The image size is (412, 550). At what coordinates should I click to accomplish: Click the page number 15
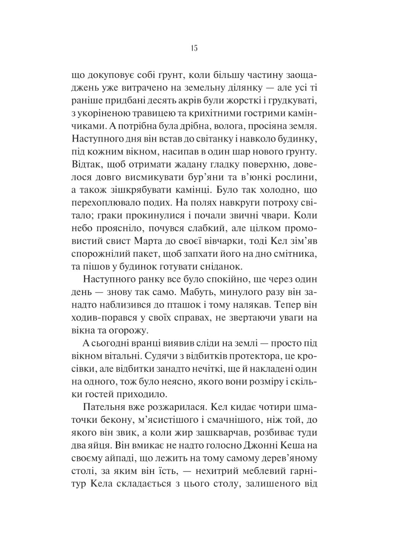(x=193, y=49)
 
